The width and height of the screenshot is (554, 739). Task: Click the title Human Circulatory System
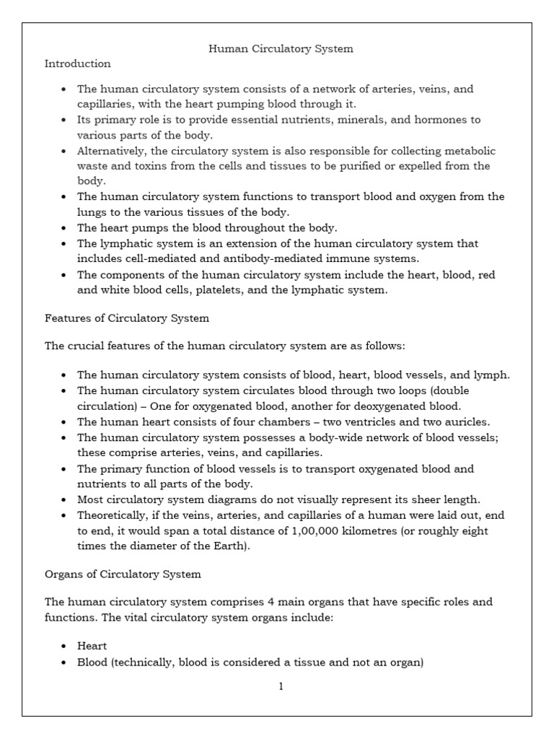point(281,49)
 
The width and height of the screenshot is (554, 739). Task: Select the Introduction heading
point(78,64)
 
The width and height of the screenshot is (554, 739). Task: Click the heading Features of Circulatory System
point(127,318)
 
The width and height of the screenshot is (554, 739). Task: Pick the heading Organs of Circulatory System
point(123,574)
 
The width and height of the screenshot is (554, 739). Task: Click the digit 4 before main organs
point(264,600)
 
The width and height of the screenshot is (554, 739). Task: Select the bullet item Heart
point(92,646)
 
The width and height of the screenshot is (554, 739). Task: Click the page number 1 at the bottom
point(281,686)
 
